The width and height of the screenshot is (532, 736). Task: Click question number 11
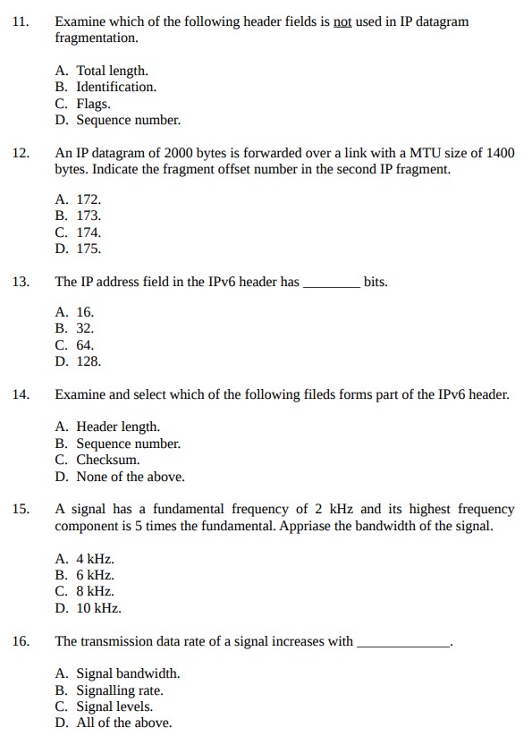pyautogui.click(x=21, y=21)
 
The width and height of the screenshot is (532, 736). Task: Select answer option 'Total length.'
pyautogui.click(x=112, y=71)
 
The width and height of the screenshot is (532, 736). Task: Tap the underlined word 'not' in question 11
pyautogui.click(x=342, y=21)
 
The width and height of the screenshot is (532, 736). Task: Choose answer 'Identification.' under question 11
pyautogui.click(x=115, y=87)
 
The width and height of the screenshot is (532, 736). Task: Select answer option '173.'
pyautogui.click(x=89, y=216)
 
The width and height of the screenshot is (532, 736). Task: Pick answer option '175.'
pyautogui.click(x=89, y=249)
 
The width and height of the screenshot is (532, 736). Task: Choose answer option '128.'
pyautogui.click(x=89, y=361)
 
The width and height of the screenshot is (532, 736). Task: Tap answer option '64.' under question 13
pyautogui.click(x=85, y=345)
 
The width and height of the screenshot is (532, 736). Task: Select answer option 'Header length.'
pyautogui.click(x=118, y=427)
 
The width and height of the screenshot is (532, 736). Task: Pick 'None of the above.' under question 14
pyautogui.click(x=131, y=477)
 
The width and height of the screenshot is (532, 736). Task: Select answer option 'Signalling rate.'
pyautogui.click(x=120, y=690)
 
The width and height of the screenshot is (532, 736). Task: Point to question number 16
pyautogui.click(x=21, y=641)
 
